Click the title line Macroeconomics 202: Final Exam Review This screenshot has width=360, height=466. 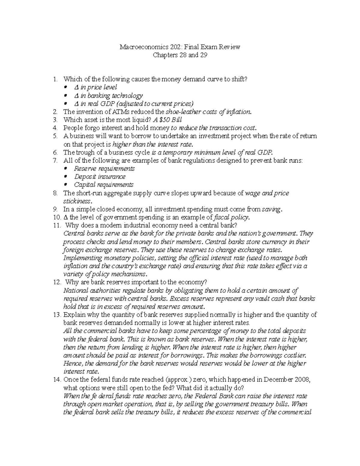180,47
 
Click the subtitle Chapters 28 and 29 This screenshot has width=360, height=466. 180,55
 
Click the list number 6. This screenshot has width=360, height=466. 55,152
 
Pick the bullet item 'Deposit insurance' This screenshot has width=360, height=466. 100,177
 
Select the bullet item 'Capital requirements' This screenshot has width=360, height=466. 103,185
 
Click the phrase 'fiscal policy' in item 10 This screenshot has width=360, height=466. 230,217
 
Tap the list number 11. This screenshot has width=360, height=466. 56,225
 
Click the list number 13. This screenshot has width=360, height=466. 56,315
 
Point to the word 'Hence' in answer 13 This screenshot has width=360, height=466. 72,363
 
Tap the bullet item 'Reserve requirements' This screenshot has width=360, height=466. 104,169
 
